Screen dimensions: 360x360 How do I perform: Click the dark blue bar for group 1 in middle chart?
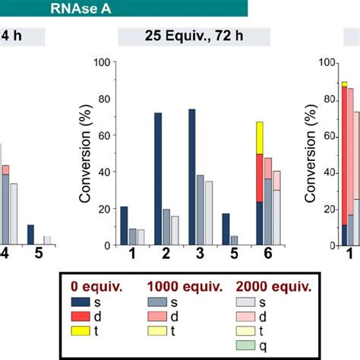click(x=124, y=225)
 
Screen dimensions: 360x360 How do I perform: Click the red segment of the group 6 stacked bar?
click(x=260, y=177)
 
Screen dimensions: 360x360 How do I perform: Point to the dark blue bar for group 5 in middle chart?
click(x=226, y=229)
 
